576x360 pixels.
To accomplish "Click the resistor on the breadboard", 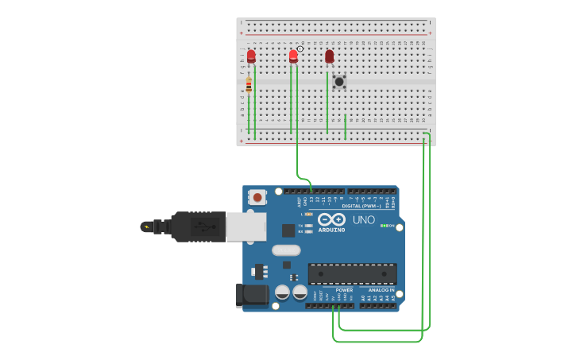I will click(x=249, y=85).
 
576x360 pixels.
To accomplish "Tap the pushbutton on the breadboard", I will click(x=339, y=81).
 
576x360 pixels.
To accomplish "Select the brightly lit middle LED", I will click(x=293, y=56).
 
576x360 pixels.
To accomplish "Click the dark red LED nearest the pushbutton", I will click(x=329, y=56).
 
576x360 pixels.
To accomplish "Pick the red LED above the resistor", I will click(x=251, y=56).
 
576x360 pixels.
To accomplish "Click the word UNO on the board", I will click(x=363, y=220).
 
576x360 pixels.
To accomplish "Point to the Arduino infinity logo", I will click(x=331, y=219).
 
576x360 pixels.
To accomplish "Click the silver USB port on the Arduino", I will click(x=245, y=226).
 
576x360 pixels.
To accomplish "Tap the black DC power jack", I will click(x=252, y=295).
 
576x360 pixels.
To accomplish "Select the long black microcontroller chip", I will click(x=352, y=273).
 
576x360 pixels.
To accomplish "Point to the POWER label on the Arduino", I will click(x=344, y=290).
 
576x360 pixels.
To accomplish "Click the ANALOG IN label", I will click(x=381, y=290).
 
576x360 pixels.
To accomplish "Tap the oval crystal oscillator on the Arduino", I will click(x=286, y=250).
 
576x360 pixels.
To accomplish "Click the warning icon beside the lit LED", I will click(x=300, y=49).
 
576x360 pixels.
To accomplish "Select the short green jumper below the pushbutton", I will click(x=346, y=126).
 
